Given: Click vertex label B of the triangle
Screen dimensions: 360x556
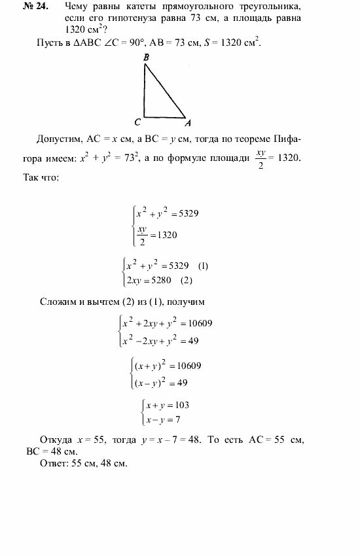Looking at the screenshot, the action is pyautogui.click(x=146, y=58).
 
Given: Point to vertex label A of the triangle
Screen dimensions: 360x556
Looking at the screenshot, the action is pyautogui.click(x=188, y=122).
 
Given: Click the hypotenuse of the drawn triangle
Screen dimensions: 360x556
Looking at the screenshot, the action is pyautogui.click(x=166, y=91).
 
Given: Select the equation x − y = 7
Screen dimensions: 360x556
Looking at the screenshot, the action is pyautogui.click(x=163, y=419).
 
